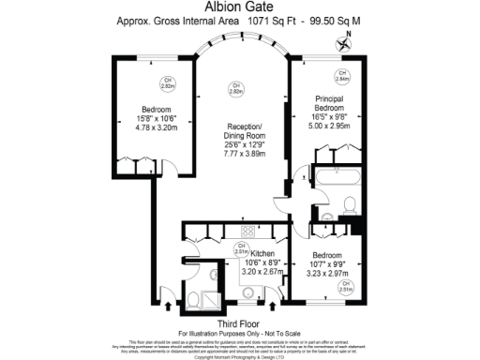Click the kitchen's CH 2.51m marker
click(241, 249)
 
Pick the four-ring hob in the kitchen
click(247, 232)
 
